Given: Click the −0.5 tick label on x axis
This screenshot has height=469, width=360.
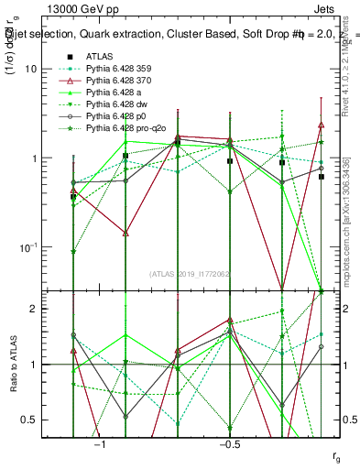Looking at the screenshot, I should (x=229, y=442).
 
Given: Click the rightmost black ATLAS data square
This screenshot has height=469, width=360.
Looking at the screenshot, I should (x=321, y=177).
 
